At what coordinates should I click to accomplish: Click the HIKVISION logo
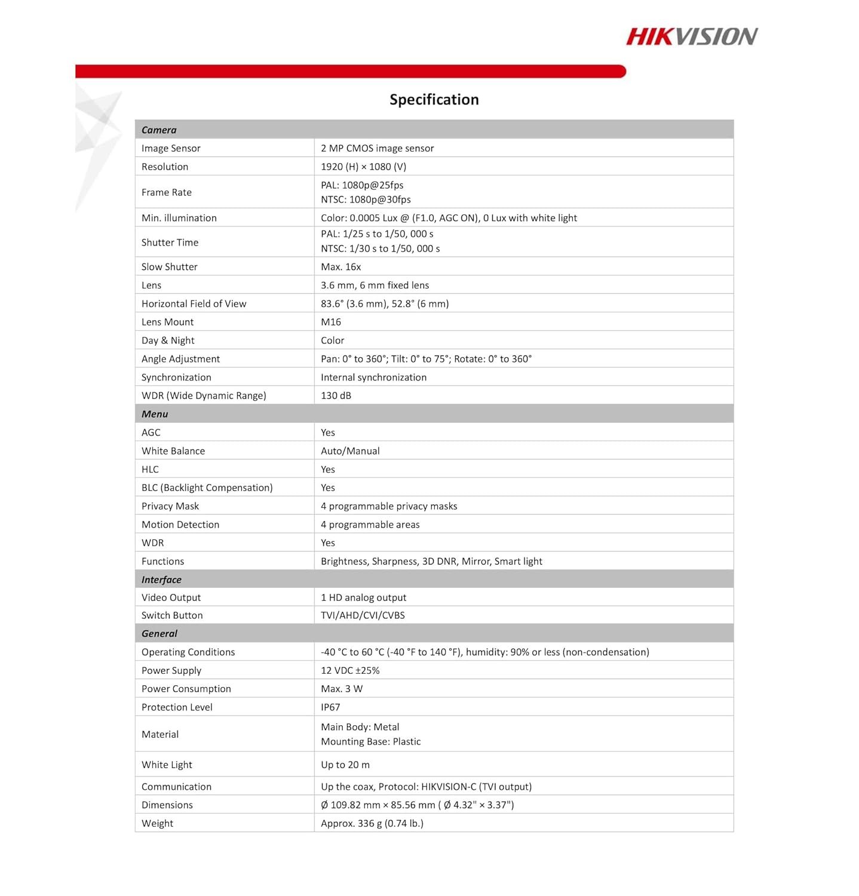click(692, 37)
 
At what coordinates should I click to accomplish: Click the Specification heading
click(434, 100)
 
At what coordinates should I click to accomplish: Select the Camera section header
click(159, 130)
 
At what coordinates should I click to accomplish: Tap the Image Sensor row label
click(171, 148)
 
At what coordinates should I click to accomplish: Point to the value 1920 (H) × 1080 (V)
click(363, 167)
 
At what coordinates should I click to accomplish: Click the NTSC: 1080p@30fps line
click(366, 200)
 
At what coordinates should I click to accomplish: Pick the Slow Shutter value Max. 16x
click(340, 267)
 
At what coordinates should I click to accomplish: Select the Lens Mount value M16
click(331, 322)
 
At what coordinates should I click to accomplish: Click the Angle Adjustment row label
click(180, 359)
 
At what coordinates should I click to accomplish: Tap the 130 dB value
click(336, 395)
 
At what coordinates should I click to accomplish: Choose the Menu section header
click(155, 414)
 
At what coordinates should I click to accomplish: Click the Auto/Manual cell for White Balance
click(350, 451)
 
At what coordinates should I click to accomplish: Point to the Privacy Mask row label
click(170, 506)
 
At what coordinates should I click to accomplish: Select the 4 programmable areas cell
click(370, 524)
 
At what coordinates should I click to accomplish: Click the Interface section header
click(161, 579)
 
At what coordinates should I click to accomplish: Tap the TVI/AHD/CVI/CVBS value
click(363, 615)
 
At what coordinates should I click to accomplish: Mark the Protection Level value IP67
click(330, 707)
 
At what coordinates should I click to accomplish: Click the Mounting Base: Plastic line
click(370, 741)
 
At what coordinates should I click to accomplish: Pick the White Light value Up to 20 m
click(345, 765)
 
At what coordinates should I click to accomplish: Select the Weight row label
click(157, 823)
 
